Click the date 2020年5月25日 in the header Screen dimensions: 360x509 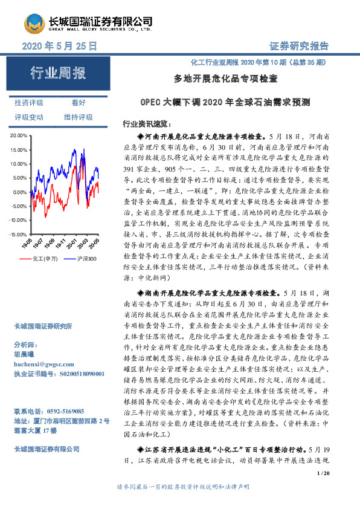59,45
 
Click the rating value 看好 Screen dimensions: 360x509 79,103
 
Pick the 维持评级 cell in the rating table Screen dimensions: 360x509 79,117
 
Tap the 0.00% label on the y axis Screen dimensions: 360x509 20,192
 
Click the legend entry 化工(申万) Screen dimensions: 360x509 43,259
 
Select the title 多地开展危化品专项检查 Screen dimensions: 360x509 225,79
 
